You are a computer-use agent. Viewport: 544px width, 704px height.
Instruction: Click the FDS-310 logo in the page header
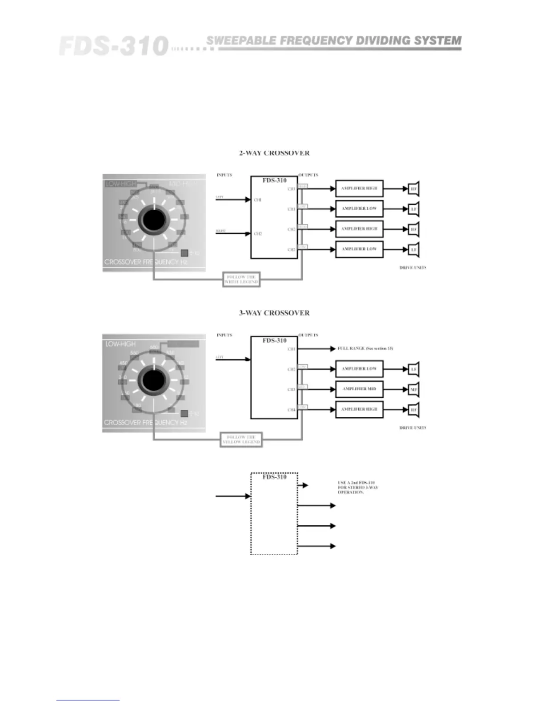[x=113, y=46]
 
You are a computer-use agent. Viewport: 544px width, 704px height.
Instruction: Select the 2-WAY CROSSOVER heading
[x=274, y=153]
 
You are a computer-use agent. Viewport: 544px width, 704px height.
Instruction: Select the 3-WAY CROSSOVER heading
[x=274, y=313]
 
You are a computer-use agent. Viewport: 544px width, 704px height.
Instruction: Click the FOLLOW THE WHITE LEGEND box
[x=241, y=280]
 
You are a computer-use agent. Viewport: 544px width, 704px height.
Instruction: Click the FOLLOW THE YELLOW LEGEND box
[x=241, y=440]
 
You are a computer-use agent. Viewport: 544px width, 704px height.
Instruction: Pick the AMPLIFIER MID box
[x=359, y=389]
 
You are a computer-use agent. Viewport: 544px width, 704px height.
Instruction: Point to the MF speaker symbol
[x=414, y=390]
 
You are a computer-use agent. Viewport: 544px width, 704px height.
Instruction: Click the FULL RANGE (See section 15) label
[x=365, y=348]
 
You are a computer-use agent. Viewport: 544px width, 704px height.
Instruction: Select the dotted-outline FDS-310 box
[x=274, y=514]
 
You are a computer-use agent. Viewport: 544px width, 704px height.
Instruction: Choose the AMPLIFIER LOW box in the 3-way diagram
[x=359, y=369]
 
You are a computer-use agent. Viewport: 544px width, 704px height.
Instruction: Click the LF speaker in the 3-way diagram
[x=414, y=369]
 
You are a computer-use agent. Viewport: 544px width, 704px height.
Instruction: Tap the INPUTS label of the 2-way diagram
[x=224, y=175]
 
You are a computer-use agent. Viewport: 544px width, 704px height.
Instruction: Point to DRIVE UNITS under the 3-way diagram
[x=413, y=428]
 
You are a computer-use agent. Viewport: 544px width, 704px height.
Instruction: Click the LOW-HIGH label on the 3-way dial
[x=120, y=344]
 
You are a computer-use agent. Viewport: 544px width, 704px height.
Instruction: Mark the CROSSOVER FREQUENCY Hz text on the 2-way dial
[x=146, y=262]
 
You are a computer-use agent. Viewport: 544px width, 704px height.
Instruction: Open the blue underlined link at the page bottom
[x=88, y=700]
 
